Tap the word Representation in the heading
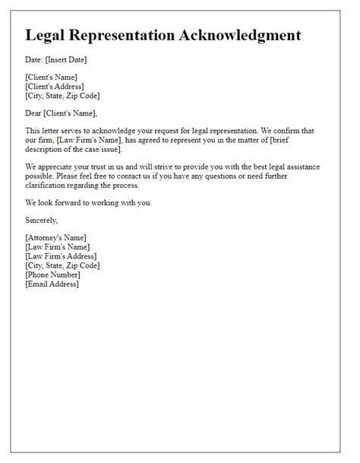coord(134,36)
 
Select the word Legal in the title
coord(46,36)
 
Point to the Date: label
coord(35,59)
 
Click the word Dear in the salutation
coord(34,113)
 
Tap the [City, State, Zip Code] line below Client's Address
coord(62,96)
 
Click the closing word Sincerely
coord(42,220)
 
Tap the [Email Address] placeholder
coord(52,284)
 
